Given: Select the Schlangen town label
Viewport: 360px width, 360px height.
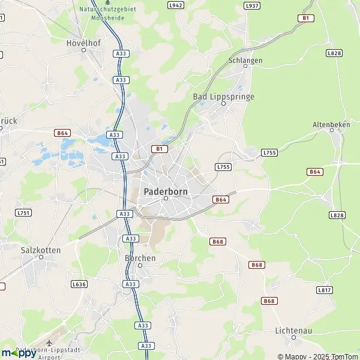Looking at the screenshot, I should (245, 60).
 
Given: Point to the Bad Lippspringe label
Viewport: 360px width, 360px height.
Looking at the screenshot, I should (223, 96).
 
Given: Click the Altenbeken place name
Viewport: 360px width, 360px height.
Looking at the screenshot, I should (331, 124).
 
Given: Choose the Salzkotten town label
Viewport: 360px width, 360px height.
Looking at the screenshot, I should (41, 249).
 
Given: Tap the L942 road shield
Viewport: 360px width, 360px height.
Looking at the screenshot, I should (176, 5).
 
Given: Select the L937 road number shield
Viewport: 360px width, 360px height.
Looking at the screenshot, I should (252, 5).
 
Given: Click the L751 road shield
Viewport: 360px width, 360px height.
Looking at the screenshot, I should (23, 212).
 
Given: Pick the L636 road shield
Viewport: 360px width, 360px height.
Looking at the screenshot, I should (79, 284).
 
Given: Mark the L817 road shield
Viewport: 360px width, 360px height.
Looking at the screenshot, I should (324, 290).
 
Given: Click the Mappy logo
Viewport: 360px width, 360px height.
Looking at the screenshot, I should (19, 353).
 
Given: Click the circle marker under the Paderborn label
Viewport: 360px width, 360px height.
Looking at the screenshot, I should (166, 199).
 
